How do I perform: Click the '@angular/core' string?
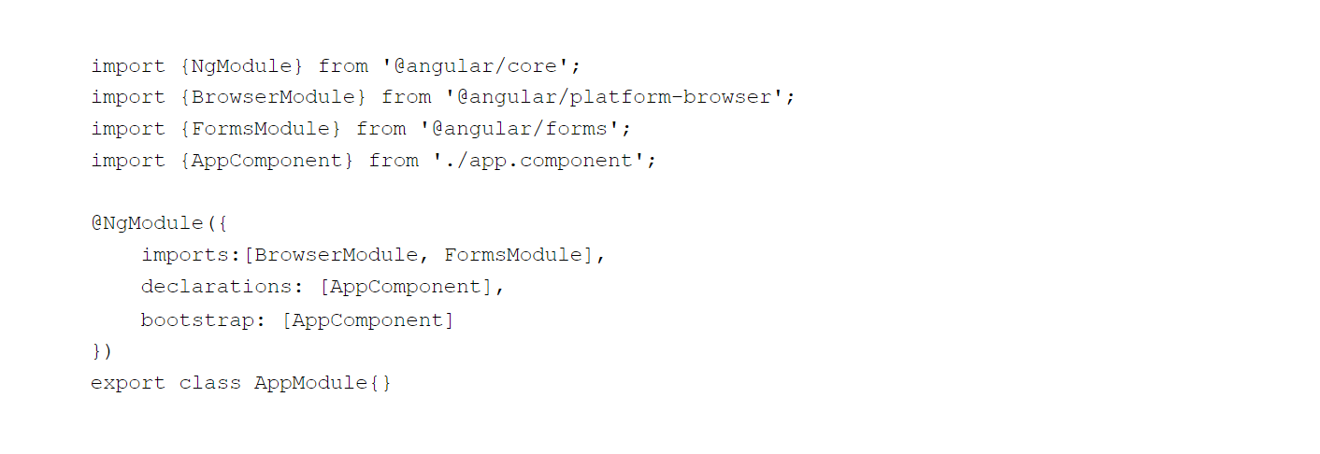coord(476,66)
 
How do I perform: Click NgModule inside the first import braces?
coord(241,66)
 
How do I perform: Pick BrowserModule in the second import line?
coord(273,98)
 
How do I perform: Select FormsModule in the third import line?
coord(261,129)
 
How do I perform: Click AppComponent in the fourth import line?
coord(267,162)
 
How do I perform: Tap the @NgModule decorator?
coord(148,224)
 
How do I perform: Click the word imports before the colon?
coord(184,256)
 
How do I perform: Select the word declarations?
coord(216,287)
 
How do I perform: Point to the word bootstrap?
coord(197,320)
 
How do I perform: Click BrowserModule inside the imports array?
coord(337,255)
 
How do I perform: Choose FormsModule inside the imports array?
coord(513,255)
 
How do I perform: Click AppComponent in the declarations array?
coord(406,288)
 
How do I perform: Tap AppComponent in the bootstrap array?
coord(367,321)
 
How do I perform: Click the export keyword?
coord(128,384)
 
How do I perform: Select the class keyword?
coord(210,383)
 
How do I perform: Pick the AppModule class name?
coord(311,383)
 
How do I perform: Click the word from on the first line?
coord(343,66)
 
